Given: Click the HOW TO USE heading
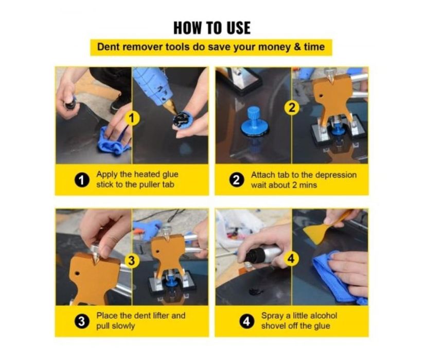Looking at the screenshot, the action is coord(212,28).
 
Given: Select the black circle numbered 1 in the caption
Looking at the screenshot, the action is coord(82,180).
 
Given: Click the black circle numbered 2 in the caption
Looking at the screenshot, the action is coord(236,180).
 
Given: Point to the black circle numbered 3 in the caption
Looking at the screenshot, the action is coord(81,321).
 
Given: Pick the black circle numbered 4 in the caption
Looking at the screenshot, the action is coord(246,321).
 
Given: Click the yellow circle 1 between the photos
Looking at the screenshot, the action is coord(132,118).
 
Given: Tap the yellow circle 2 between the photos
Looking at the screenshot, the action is coord(291,108).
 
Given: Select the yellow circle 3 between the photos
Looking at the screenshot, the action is coord(132,261).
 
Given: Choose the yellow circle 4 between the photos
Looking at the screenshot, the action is coord(291,259).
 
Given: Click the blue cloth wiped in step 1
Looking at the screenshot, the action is coord(114,141).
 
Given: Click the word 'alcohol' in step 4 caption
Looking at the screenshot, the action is coord(324,316).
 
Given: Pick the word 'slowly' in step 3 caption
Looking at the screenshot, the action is coord(123,326).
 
